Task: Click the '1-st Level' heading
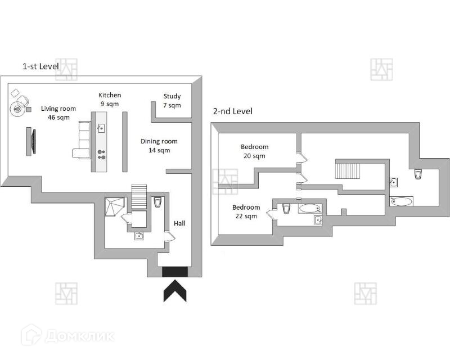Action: point(40,66)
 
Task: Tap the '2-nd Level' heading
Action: point(232,111)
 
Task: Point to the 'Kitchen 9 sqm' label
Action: point(110,99)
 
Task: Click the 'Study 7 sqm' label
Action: point(172,101)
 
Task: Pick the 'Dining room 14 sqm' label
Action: point(159,146)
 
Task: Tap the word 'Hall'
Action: point(179,223)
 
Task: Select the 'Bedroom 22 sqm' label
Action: point(246,211)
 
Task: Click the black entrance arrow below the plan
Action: point(175,291)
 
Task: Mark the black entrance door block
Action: point(175,272)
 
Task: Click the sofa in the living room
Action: point(83,139)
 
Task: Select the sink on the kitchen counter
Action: point(101,128)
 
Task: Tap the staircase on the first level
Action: point(138,193)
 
